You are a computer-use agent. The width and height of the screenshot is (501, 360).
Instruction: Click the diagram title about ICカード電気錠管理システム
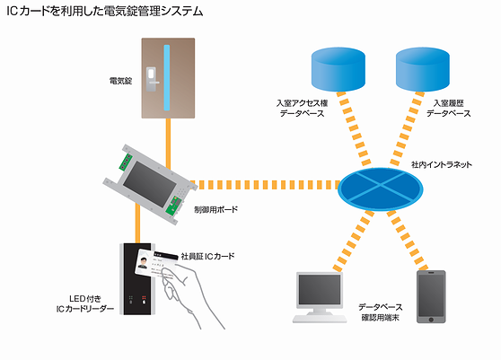click(105, 12)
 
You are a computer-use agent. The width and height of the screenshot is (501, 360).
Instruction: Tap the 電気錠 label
click(120, 81)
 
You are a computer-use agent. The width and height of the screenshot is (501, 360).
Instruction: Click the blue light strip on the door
click(167, 77)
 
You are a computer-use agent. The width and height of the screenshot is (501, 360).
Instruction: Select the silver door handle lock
click(152, 79)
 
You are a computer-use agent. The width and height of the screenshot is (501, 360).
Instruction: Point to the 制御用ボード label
click(216, 209)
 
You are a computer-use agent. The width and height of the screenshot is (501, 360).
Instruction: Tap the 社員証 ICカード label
click(207, 256)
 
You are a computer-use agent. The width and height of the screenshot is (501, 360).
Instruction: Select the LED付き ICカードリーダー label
click(85, 303)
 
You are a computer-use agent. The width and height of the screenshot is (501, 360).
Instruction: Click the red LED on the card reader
click(144, 297)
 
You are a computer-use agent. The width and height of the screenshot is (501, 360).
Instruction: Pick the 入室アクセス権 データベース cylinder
click(338, 69)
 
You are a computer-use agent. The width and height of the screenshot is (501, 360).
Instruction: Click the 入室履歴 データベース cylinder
click(423, 69)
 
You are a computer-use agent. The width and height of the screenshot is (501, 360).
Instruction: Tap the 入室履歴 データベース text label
click(449, 109)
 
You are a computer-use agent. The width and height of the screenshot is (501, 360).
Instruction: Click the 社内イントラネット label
click(442, 165)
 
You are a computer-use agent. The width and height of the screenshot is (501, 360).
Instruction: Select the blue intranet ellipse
click(380, 189)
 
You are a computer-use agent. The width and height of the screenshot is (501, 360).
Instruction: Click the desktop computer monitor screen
click(320, 289)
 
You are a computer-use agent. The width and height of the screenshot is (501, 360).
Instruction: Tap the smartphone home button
click(431, 320)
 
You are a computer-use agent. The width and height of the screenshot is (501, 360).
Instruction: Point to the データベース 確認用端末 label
click(380, 312)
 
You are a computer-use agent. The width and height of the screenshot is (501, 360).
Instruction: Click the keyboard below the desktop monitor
click(320, 319)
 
